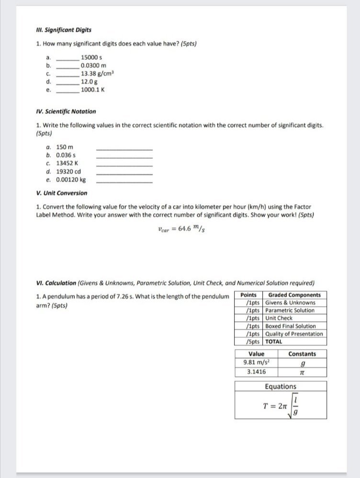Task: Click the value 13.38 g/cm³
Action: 97,74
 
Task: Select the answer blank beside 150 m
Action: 124,148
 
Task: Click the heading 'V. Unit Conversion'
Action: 62,193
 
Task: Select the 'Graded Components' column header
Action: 295,295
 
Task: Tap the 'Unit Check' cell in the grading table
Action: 279,318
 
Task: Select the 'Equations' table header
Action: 281,387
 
